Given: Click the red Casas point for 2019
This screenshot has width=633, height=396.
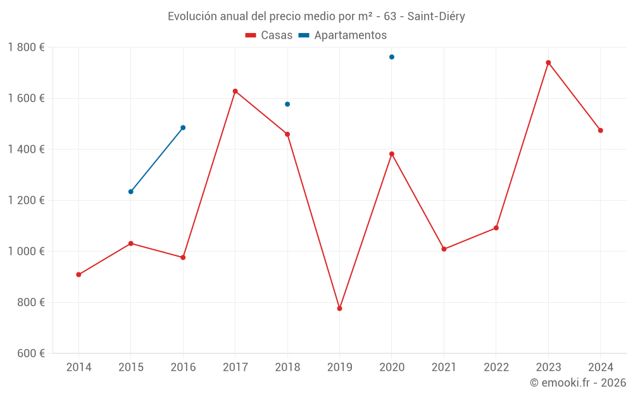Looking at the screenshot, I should [339, 309].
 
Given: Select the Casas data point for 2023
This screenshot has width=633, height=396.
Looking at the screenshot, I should [548, 63].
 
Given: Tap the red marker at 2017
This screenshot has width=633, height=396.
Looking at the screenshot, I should [235, 91].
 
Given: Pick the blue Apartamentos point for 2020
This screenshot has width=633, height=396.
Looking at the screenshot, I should [392, 57].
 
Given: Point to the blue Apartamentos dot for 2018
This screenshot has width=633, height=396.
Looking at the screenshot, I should [287, 104].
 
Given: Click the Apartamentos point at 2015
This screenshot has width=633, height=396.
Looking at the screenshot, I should [131, 191].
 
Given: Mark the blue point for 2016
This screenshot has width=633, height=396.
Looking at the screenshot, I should [183, 127].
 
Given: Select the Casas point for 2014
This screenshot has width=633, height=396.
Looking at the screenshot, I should [78, 274].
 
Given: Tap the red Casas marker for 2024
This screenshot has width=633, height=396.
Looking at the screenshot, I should [601, 131].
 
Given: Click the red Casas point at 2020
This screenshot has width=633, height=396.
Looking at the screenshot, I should [392, 154].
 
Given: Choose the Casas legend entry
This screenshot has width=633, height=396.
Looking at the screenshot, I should [269, 35].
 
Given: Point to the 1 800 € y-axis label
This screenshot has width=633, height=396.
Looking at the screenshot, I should [26, 48].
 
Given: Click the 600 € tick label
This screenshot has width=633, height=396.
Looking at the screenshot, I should [31, 354].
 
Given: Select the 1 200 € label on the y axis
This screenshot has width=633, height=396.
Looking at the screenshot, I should [26, 200].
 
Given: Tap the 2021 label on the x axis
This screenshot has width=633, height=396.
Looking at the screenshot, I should [444, 367].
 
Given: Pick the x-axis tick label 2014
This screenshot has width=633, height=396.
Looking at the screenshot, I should [78, 367].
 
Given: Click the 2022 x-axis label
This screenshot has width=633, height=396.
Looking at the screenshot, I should [496, 367].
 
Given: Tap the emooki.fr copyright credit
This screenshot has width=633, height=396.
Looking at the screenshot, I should [578, 383].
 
